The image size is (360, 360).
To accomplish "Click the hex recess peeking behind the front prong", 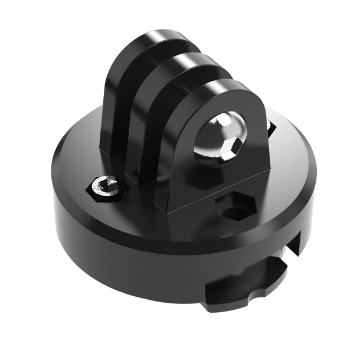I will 271,127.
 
